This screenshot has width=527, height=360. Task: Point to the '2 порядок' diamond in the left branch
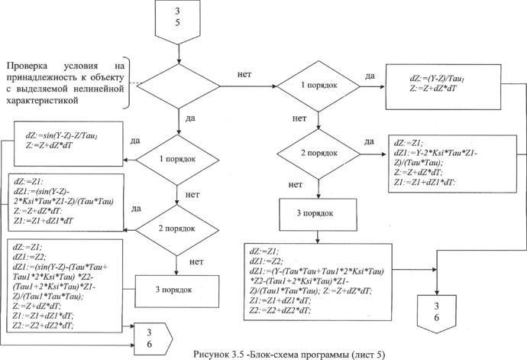coord(176,229)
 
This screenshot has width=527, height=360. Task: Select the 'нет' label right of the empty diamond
coord(245,75)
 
